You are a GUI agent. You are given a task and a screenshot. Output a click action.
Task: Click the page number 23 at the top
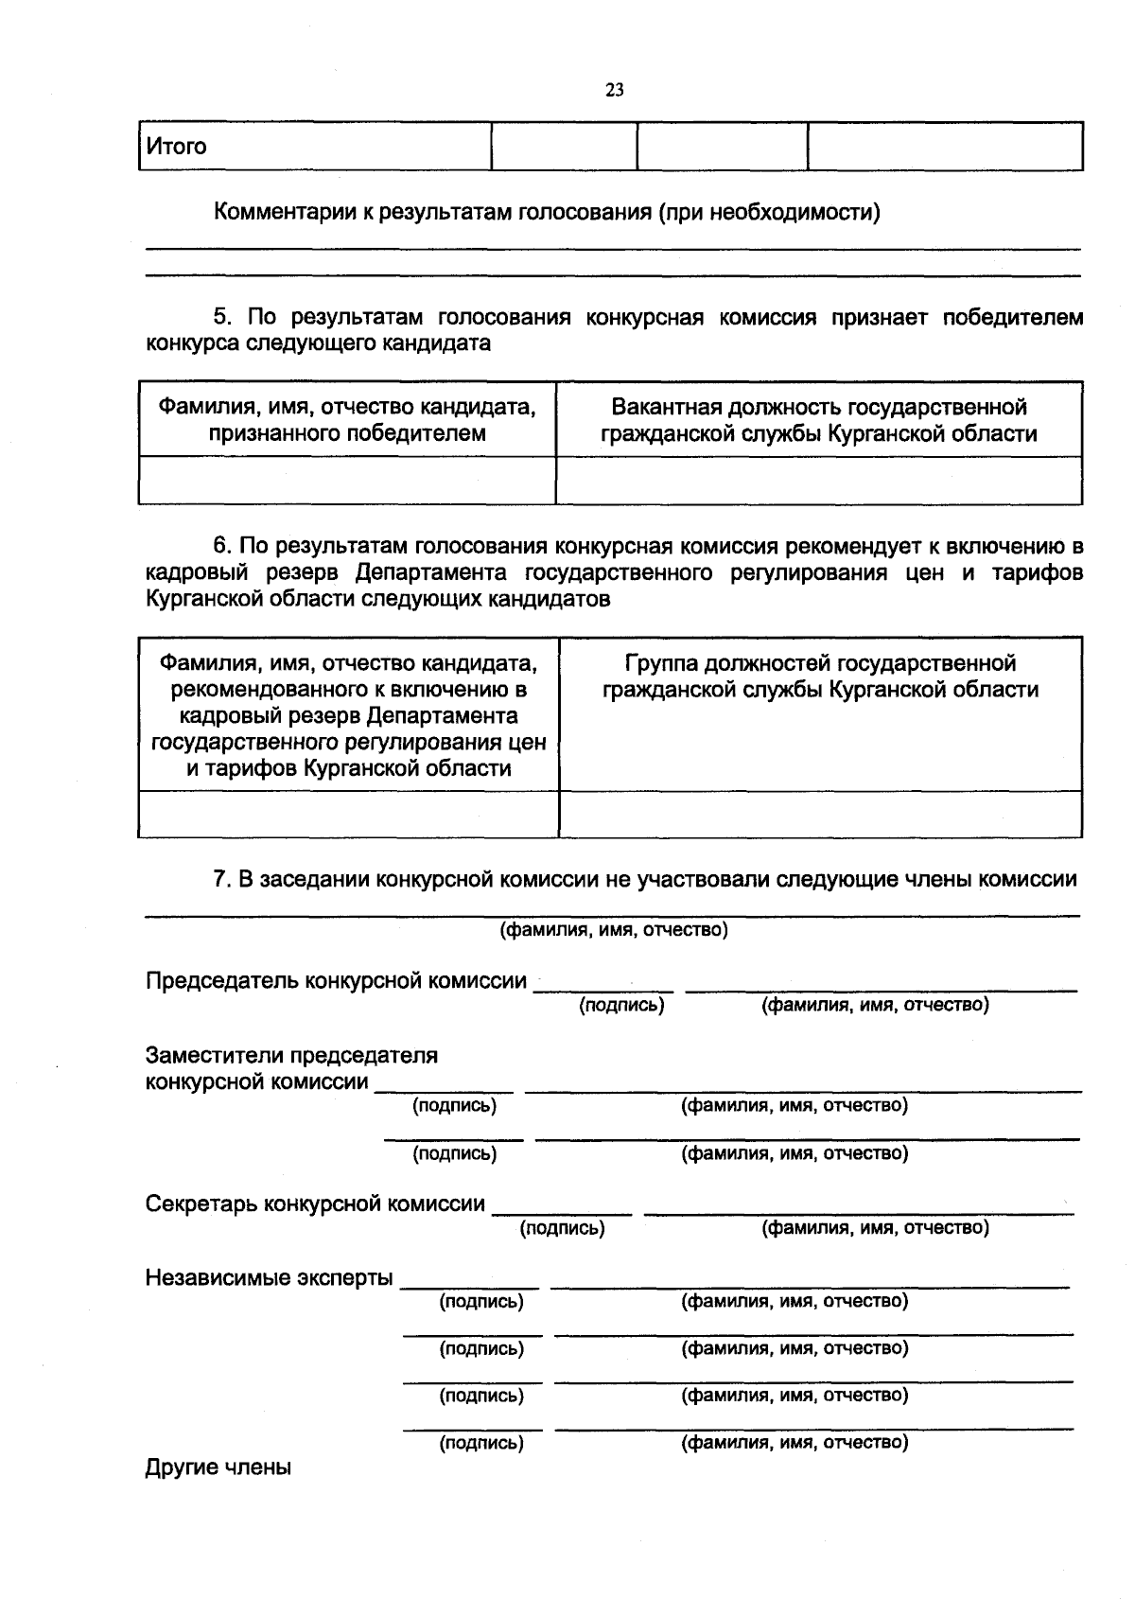614,91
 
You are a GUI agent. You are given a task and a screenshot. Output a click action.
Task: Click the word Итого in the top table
176,147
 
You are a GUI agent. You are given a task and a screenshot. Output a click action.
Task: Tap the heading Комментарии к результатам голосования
547,212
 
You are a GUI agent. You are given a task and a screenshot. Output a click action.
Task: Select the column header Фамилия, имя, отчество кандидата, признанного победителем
347,420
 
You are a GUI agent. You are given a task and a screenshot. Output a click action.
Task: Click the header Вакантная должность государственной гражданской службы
819,420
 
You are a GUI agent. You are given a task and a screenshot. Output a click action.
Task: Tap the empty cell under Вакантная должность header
819,481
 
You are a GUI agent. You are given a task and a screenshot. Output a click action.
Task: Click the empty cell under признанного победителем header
347,481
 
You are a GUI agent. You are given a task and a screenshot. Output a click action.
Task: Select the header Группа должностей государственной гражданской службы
820,676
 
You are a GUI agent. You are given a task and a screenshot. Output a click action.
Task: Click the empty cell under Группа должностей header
820,815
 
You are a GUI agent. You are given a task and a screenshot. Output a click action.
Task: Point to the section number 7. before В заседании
221,879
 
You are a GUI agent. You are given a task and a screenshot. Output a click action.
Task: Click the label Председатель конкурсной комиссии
336,981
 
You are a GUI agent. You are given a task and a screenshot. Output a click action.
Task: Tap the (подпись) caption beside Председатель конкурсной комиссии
621,1005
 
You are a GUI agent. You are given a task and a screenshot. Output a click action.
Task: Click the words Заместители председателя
291,1055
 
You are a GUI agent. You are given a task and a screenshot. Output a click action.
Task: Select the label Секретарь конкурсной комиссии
315,1204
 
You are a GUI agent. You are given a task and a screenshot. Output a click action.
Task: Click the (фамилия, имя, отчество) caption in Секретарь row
875,1228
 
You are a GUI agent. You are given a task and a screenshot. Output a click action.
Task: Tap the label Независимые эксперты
269,1278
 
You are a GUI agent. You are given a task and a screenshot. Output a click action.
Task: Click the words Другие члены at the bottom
218,1467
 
